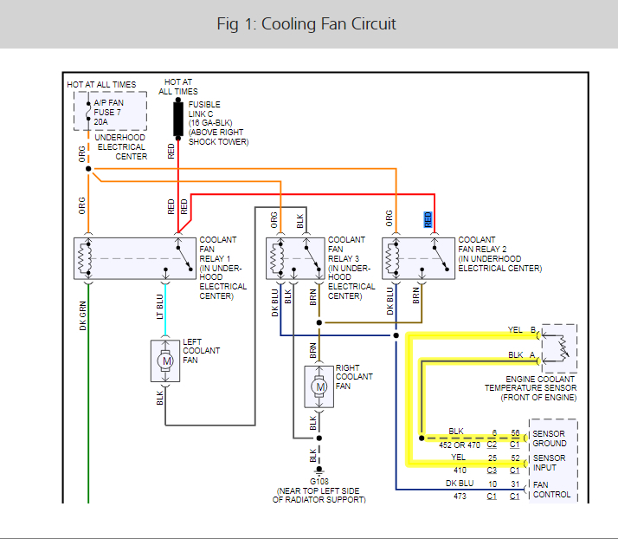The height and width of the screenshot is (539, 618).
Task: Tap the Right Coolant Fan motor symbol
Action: click(x=319, y=386)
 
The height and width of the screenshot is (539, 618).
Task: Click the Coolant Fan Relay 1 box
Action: click(x=134, y=258)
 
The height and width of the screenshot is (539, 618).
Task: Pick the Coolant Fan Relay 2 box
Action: click(x=419, y=258)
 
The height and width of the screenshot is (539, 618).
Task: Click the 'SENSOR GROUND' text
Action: click(x=550, y=438)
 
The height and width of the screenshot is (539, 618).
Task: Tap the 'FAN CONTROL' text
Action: click(x=550, y=489)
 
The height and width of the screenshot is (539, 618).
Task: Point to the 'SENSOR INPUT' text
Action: click(x=550, y=463)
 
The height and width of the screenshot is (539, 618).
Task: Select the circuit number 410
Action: click(x=458, y=469)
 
